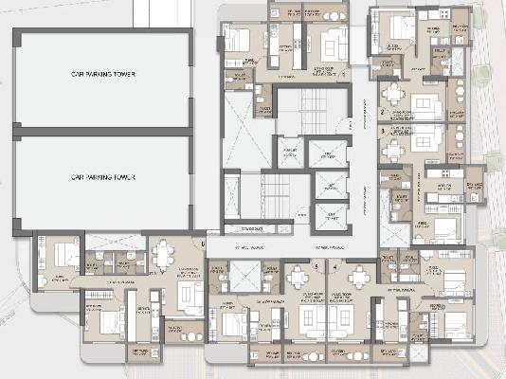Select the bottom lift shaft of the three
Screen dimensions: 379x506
(328, 218)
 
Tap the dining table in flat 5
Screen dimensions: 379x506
(299, 276)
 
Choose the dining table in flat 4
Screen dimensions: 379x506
(359, 276)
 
